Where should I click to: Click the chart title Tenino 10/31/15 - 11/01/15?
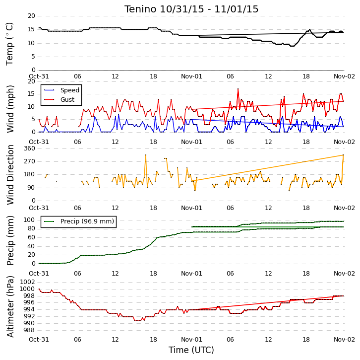(x=191, y=9)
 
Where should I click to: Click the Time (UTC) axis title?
(x=191, y=350)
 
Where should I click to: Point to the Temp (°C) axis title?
(x=9, y=44)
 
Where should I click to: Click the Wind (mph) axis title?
(x=10, y=109)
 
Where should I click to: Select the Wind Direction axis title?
(x=10, y=175)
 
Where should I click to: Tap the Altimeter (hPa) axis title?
(x=10, y=307)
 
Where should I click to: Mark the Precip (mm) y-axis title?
(x=10, y=240)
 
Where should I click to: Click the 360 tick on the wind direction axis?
(x=30, y=148)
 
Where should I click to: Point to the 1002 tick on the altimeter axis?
(x=28, y=282)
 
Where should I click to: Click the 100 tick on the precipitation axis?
(x=29, y=220)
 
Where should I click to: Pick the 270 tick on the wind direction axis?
(x=30, y=161)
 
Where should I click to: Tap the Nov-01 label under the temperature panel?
(x=191, y=76)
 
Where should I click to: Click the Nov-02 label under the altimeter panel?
(x=344, y=339)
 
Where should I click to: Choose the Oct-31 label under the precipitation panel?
(x=39, y=273)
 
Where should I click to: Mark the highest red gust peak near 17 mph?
(x=238, y=89)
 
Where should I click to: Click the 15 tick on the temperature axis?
(x=31, y=29)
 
